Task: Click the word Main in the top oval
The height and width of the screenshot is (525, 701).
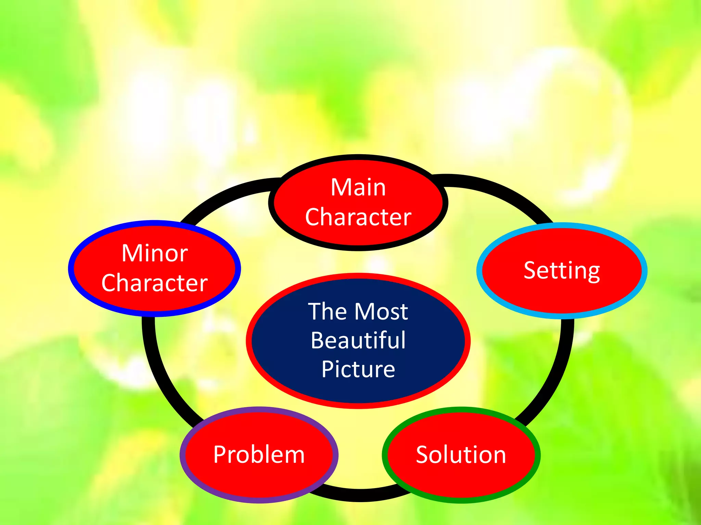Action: (x=358, y=188)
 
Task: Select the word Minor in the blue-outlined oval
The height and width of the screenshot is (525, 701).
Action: (x=155, y=253)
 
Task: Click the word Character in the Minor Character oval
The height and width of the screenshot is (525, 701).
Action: (x=155, y=283)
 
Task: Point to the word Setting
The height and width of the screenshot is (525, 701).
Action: (x=562, y=271)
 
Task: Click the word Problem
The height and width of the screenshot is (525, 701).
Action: (x=259, y=455)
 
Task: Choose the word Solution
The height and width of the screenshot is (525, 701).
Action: (x=461, y=455)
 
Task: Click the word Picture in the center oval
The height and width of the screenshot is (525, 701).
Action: (x=358, y=369)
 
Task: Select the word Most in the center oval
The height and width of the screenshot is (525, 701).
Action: (x=381, y=311)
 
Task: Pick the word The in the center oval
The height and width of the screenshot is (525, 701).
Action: (x=327, y=311)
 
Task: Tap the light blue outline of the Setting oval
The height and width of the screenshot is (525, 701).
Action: (x=479, y=271)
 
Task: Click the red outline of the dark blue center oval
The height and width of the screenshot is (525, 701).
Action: (x=248, y=341)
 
